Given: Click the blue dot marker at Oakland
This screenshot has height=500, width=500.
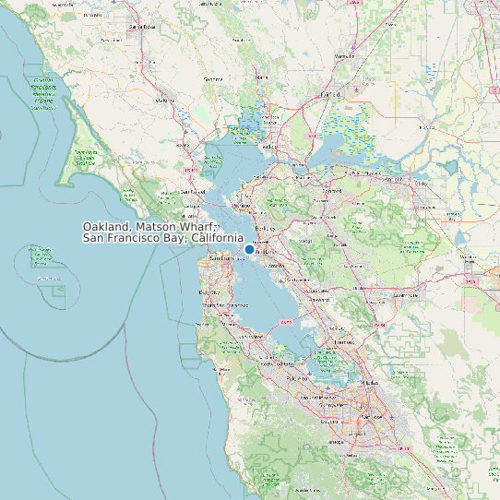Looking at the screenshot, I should [x=249, y=249].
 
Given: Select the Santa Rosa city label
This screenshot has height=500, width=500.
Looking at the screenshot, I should [x=143, y=27].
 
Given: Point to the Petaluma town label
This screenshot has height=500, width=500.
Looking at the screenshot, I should [x=165, y=100].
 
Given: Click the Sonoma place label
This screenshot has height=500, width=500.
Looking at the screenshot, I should [x=213, y=79].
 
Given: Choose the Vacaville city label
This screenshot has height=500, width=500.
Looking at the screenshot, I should [x=345, y=56].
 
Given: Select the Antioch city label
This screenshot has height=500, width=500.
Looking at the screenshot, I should [x=393, y=177].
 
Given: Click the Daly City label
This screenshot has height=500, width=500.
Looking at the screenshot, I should [x=209, y=292].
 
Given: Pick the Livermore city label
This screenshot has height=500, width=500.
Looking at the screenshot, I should [x=405, y=295].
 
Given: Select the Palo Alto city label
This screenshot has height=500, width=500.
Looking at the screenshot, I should [x=298, y=378].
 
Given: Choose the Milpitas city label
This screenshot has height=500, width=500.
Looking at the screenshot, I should [x=369, y=382].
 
